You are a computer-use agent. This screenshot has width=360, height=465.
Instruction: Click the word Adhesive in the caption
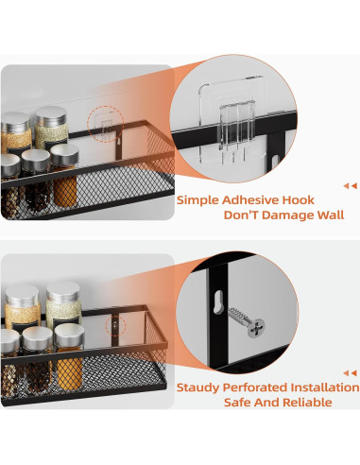click(x=249, y=200)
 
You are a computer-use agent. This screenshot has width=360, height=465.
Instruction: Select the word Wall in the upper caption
click(x=331, y=215)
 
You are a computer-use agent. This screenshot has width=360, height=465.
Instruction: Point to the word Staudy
click(x=197, y=387)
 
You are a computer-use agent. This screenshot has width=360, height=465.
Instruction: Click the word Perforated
click(x=254, y=387)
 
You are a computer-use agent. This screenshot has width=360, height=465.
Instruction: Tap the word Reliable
click(x=307, y=403)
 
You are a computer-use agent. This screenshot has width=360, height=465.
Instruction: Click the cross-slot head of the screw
click(x=256, y=328)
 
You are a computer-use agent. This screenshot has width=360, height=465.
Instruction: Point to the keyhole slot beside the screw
click(x=218, y=302)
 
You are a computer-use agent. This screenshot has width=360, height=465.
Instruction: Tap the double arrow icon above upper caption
click(x=351, y=186)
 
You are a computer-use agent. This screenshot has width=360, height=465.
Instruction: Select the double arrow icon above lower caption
click(x=351, y=373)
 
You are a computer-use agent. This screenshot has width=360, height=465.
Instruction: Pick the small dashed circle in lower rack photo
click(x=115, y=326)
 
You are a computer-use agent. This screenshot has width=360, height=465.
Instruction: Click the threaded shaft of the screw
click(x=239, y=316)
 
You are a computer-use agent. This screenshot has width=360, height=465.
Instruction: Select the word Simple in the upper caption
click(x=197, y=200)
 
